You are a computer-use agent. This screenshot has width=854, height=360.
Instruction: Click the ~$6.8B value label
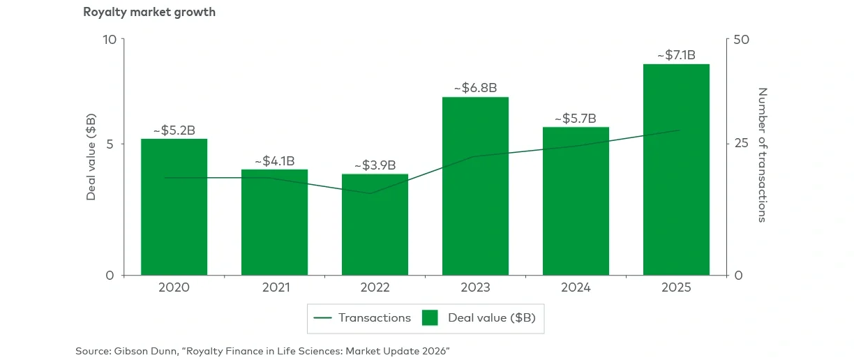click(475, 88)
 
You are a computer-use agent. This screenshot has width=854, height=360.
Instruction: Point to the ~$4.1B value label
click(274, 160)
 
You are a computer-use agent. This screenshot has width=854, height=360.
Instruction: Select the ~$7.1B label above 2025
click(676, 55)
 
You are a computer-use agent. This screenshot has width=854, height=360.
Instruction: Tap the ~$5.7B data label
click(576, 118)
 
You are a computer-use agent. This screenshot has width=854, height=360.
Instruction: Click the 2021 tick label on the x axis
click(274, 287)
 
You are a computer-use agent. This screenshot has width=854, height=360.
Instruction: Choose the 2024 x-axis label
click(576, 287)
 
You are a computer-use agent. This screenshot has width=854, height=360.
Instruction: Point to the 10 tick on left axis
click(109, 39)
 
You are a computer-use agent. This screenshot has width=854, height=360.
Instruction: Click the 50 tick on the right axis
click(741, 39)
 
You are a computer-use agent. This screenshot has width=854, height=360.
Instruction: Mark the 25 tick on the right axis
click(741, 144)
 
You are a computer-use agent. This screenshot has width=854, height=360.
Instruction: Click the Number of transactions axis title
click(762, 155)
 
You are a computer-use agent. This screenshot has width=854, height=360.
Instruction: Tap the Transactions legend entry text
click(375, 317)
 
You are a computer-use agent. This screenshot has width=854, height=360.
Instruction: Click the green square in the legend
click(430, 317)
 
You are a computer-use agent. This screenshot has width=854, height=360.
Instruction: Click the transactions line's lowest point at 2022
click(371, 193)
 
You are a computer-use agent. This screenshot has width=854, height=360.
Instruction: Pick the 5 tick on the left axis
click(112, 144)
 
